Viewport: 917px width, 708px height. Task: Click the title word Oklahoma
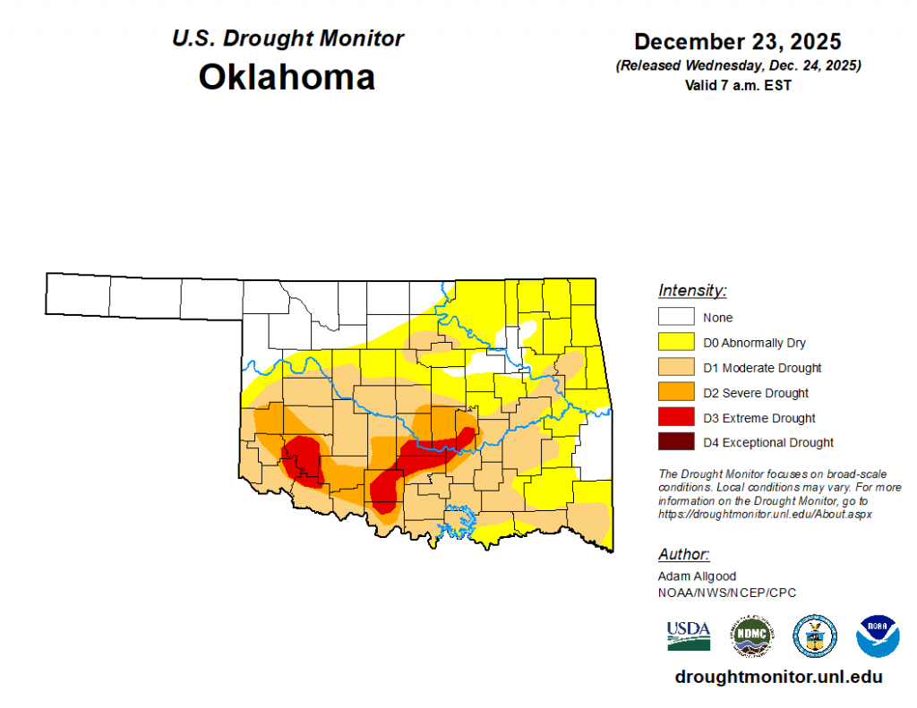287,77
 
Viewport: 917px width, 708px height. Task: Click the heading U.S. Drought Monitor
287,38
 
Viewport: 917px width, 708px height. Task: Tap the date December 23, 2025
737,42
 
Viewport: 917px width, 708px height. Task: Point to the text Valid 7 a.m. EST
737,85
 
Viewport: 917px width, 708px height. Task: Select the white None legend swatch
676,317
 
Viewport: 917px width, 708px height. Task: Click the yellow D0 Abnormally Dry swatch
676,342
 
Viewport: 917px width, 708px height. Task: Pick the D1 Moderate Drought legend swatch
676,367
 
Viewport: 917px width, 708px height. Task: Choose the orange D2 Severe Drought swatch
676,392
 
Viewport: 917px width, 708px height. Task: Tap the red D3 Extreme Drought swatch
676,417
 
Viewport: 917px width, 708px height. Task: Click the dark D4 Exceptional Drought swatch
676,442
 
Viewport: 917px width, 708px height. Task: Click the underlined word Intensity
692,291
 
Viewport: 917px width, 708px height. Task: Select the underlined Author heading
683,554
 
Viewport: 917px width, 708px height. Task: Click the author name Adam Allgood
697,576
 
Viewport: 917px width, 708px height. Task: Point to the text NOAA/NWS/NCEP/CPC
726,593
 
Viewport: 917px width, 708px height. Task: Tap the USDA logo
688,635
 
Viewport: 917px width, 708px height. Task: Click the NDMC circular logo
752,635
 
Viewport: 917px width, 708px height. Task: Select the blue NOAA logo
878,635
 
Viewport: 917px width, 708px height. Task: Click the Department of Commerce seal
815,635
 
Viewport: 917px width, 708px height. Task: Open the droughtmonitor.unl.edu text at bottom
778,678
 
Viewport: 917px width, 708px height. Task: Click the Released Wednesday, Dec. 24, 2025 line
737,66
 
